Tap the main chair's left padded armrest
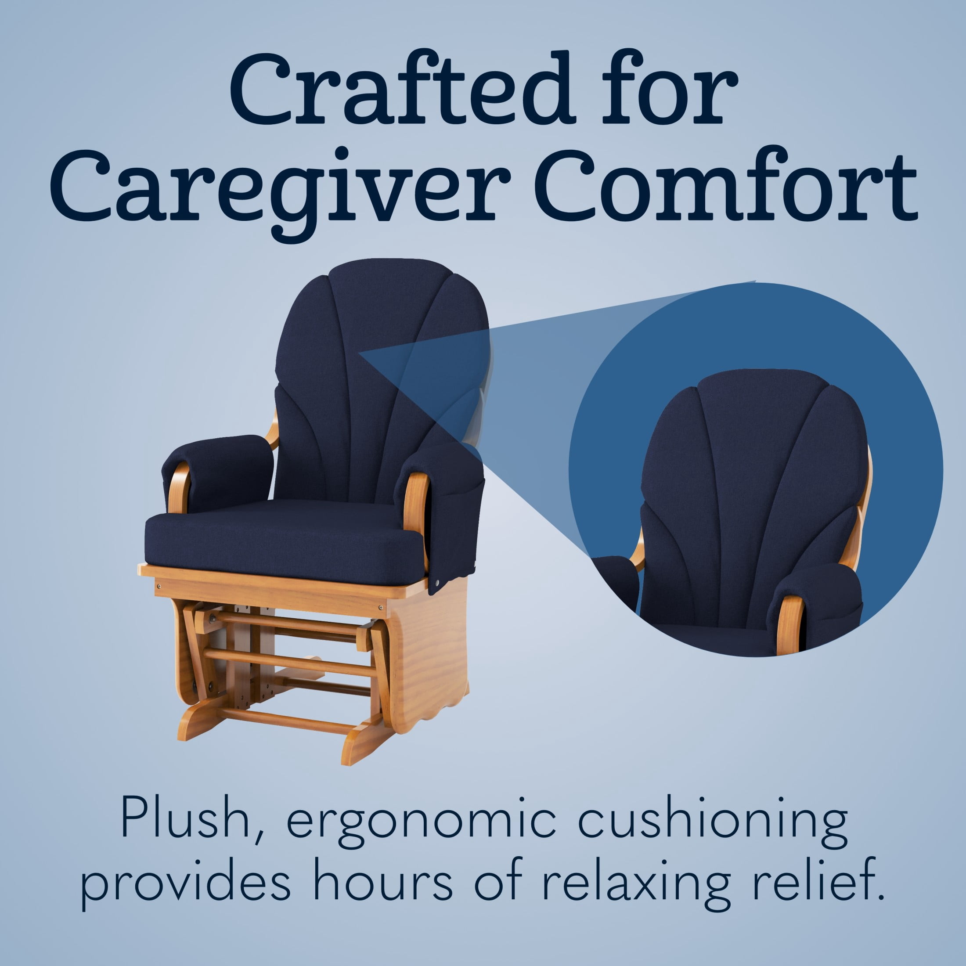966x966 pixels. tap(218, 470)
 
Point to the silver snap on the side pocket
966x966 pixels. tap(438, 583)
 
